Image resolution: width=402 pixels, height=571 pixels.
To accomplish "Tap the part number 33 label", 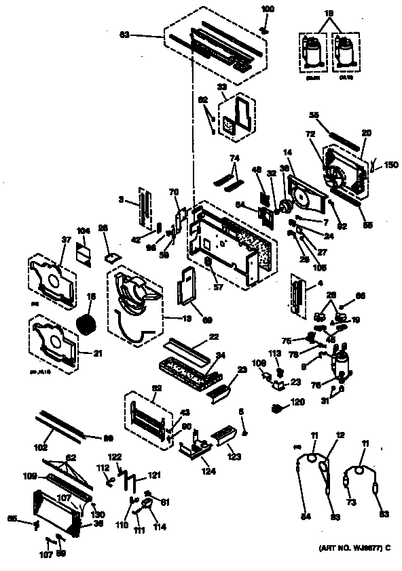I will pyautogui.click(x=221, y=87).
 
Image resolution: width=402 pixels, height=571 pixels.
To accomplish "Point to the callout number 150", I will pyautogui.click(x=391, y=165).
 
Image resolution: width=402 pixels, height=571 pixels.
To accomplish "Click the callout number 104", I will pyautogui.click(x=83, y=231).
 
